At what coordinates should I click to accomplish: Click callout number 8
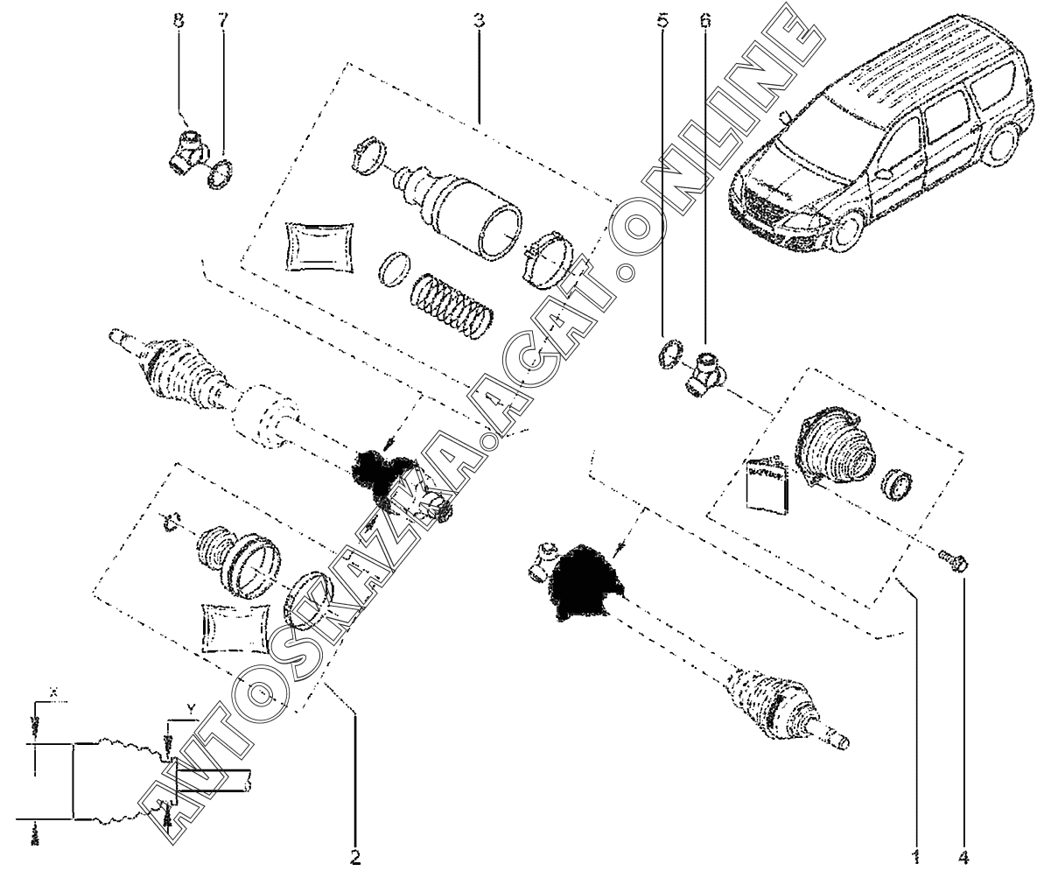(179, 20)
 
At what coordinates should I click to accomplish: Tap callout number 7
(222, 20)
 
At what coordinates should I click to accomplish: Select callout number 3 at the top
(479, 20)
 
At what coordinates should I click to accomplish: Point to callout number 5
(662, 20)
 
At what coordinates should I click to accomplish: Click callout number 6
(705, 20)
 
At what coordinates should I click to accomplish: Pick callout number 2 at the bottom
(355, 857)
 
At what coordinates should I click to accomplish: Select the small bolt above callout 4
(950, 560)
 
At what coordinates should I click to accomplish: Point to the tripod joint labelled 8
(187, 150)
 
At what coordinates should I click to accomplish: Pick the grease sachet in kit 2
(235, 627)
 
